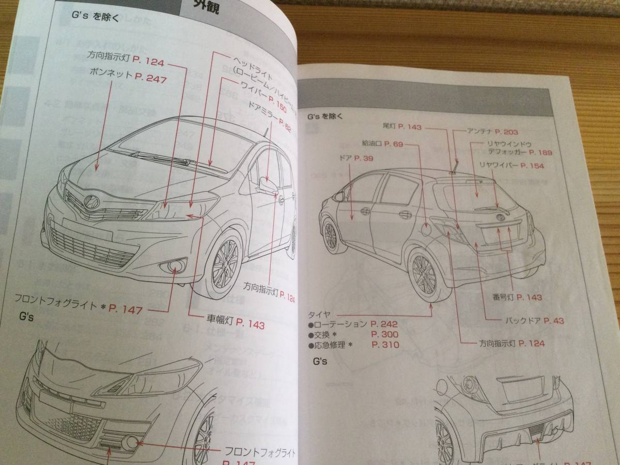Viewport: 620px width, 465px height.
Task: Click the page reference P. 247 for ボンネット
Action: tap(151, 80)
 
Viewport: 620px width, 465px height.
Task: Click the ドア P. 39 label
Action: tap(357, 158)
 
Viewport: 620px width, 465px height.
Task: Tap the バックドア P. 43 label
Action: tap(534, 320)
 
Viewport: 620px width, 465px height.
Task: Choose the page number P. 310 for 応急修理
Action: tap(384, 345)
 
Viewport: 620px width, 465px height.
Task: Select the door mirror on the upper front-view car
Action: tap(267, 184)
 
